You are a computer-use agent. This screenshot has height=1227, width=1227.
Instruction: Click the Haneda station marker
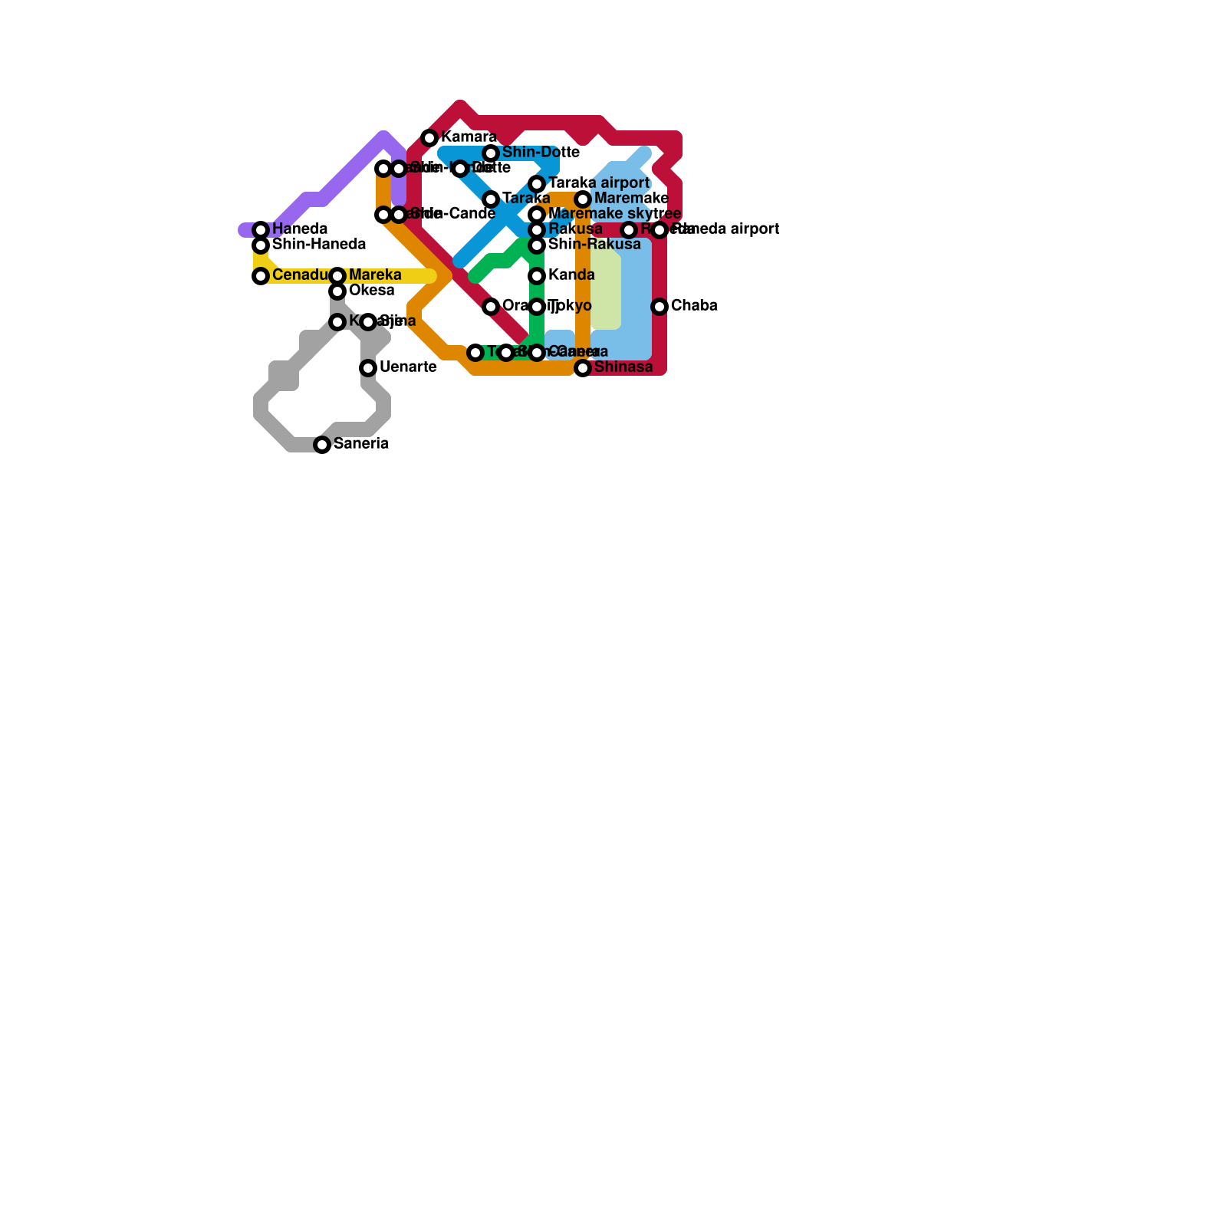(261, 230)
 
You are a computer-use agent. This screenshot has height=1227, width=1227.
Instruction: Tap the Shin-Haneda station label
(318, 245)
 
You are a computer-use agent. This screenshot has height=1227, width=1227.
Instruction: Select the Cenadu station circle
(261, 276)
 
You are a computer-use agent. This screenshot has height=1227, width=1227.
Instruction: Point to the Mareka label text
(374, 275)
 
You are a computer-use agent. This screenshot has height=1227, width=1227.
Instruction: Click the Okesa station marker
(337, 291)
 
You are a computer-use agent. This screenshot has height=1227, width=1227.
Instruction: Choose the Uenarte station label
(407, 367)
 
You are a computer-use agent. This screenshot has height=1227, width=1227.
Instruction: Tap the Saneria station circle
(323, 445)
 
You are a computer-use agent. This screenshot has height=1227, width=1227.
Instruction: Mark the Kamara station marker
(429, 138)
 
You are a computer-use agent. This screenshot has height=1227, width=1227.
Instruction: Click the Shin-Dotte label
(540, 153)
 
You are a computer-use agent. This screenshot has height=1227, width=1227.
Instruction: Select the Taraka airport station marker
(537, 184)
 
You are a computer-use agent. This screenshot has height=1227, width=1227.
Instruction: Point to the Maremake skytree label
(614, 214)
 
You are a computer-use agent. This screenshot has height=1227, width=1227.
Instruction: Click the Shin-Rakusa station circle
(537, 245)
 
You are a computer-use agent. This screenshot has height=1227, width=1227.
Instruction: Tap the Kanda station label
(571, 275)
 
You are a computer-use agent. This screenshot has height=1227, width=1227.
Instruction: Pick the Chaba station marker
(660, 307)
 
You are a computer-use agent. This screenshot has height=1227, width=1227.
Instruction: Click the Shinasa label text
(623, 367)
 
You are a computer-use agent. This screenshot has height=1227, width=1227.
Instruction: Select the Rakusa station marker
(537, 230)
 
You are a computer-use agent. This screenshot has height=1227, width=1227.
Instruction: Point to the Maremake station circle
(583, 199)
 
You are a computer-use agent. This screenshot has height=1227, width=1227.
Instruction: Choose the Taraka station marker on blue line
(491, 199)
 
